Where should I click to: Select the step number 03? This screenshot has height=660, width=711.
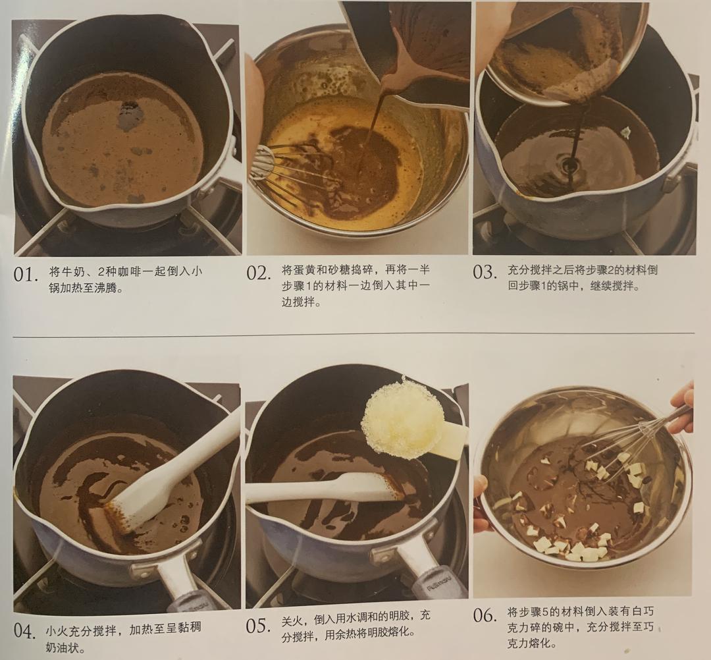(x=485, y=271)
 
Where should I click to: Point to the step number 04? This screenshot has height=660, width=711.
(x=24, y=632)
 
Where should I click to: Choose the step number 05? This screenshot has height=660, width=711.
(x=258, y=626)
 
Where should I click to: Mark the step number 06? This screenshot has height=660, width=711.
(x=485, y=616)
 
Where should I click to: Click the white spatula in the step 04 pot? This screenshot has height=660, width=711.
(x=174, y=468)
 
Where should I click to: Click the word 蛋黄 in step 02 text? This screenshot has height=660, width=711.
(x=298, y=270)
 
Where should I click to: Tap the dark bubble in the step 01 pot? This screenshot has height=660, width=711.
(x=130, y=116)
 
